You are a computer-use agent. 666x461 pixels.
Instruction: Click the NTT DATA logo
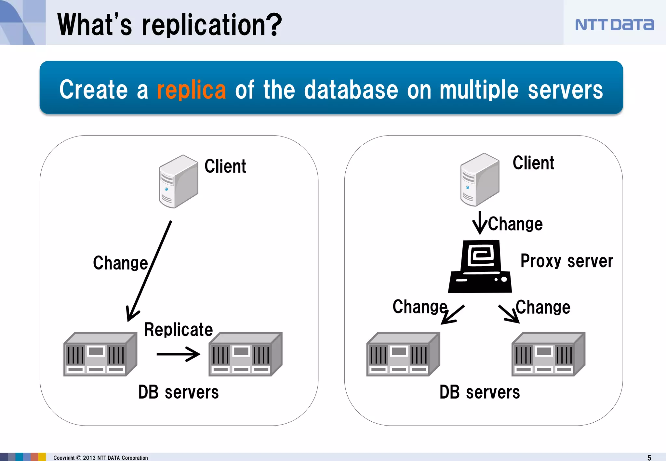tap(614, 25)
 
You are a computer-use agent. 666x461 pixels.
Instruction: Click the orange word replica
tap(191, 90)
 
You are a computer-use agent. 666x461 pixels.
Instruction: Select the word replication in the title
tap(212, 25)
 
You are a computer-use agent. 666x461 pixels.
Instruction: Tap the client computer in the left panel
tap(178, 181)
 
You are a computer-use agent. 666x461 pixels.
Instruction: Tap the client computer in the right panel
tap(479, 179)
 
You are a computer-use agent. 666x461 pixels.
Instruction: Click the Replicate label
tap(178, 330)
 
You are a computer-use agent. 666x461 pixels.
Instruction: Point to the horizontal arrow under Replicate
tap(178, 354)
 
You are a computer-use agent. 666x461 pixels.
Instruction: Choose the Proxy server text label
tap(566, 261)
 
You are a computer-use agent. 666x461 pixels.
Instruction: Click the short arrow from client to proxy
tap(480, 223)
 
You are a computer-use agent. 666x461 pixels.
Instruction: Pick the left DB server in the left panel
tap(100, 354)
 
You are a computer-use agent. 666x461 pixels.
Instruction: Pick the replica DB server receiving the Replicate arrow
tap(245, 354)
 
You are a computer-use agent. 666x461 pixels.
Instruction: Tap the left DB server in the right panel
tap(403, 354)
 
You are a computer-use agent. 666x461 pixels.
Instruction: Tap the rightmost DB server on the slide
tap(548, 354)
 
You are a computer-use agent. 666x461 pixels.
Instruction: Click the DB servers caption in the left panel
tap(178, 392)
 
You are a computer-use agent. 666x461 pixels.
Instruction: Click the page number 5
tap(649, 457)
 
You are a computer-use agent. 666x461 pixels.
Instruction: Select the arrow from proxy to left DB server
tap(453, 315)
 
